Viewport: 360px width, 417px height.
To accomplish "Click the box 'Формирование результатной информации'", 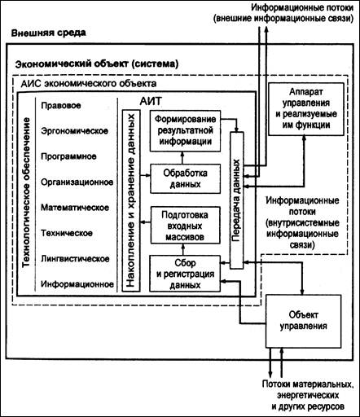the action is pos(185,131).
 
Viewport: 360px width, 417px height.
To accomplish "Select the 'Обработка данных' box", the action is pos(185,178).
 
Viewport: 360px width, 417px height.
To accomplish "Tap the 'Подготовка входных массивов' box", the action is pos(185,226).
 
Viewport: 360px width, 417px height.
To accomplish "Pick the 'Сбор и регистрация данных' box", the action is pos(185,274).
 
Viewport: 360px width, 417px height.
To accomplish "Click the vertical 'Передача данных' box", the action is pos(237,200).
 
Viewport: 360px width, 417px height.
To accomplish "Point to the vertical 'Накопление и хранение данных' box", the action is pos(131,200).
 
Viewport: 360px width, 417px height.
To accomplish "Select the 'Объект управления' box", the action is pos(303,321).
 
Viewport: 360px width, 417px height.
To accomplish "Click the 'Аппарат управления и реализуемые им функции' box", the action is pos(306,109).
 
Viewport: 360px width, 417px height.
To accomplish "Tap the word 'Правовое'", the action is pos(61,105).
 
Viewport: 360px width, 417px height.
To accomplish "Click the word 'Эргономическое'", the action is pos(75,131).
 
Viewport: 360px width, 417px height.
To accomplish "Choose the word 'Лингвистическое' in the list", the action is pos(75,258).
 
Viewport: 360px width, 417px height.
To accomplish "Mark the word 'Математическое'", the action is pos(75,208).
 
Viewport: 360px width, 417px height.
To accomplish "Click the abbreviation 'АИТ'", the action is pos(151,101).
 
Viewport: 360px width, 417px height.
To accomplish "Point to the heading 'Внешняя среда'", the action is pos(49,33).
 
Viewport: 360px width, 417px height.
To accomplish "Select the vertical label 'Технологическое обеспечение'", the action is pos(26,192).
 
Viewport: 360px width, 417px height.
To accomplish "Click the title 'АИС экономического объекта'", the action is pos(89,84).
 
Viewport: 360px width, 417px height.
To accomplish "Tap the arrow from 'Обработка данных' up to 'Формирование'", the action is pos(182,158).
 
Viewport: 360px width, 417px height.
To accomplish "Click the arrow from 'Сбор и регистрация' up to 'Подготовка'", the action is pos(183,249).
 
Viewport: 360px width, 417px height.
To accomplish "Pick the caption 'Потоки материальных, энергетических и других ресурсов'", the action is pos(308,395).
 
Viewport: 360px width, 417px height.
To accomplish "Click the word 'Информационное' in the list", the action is pos(77,284).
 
